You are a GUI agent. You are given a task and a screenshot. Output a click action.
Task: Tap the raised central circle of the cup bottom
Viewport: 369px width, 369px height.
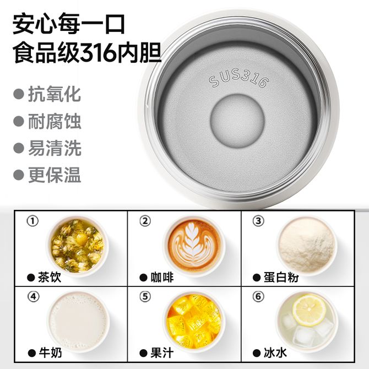click(238, 120)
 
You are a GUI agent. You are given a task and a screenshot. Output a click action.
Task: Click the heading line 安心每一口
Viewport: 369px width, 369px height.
click(69, 25)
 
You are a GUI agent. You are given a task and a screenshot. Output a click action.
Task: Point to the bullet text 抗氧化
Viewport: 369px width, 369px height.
click(55, 94)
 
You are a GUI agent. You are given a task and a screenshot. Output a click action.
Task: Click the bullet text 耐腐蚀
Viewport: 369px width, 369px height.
click(55, 121)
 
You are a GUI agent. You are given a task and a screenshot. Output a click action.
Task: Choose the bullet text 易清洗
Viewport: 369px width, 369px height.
click(55, 148)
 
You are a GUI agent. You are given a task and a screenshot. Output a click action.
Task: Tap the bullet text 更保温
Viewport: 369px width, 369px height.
click(55, 175)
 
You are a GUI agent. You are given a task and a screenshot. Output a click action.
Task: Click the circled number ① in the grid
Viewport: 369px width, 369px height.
click(32, 221)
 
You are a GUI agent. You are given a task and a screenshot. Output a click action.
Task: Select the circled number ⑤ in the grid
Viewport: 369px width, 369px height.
click(145, 296)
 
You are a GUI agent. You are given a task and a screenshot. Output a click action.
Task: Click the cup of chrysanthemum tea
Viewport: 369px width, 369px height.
click(78, 246)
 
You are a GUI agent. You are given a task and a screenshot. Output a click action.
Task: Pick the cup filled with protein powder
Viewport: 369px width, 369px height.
click(307, 246)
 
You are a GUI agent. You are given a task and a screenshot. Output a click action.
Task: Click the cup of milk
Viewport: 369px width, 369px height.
click(79, 322)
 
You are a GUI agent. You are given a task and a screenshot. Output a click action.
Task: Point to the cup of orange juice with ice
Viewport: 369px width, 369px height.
click(194, 322)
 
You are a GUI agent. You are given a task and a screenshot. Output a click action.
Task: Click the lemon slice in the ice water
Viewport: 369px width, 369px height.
click(309, 311)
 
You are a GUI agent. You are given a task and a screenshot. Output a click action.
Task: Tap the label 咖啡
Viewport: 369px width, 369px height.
click(162, 278)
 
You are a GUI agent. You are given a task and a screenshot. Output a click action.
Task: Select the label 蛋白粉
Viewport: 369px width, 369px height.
click(281, 278)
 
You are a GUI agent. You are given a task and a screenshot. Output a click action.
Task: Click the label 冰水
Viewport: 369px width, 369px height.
click(275, 353)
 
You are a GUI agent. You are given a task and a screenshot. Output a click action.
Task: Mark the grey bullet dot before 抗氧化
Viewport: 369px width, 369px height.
click(19, 94)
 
